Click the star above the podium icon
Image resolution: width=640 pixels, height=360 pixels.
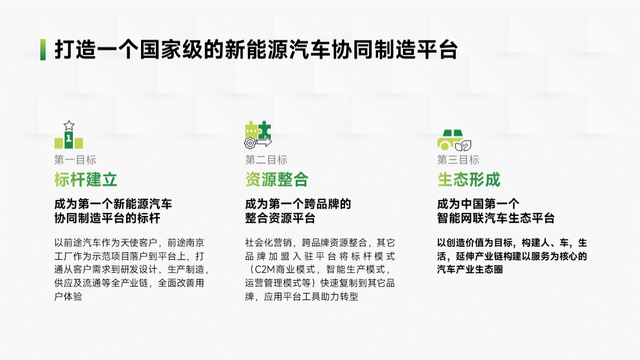(x=69, y=125)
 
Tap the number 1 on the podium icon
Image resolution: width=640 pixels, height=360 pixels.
(x=69, y=139)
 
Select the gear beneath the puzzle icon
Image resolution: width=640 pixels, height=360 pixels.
(x=250, y=143)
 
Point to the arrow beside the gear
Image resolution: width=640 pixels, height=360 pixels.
(x=264, y=142)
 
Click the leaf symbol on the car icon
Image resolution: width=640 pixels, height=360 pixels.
(x=466, y=145)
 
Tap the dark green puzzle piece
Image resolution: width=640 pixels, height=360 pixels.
(x=264, y=129)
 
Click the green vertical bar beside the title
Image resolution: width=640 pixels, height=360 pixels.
(x=43, y=50)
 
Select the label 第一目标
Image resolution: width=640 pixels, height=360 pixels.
(x=75, y=160)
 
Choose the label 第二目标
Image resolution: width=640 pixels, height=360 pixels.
(x=266, y=160)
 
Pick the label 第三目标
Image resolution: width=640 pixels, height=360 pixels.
(x=458, y=160)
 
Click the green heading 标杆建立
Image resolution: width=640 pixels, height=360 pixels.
(x=85, y=180)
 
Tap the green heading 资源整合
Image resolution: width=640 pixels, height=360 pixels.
(x=277, y=180)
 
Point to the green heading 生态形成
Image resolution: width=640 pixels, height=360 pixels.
(x=469, y=180)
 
